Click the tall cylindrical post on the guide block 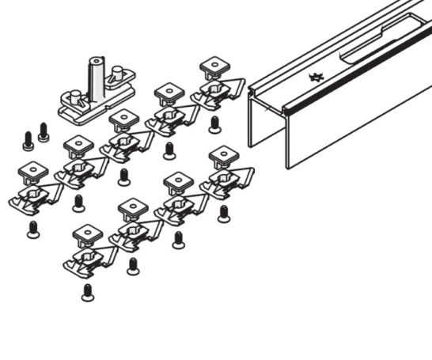(96, 75)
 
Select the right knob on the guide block (119, 78)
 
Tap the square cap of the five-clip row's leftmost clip (32, 171)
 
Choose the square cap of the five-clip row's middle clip (123, 119)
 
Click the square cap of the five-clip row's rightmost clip (214, 65)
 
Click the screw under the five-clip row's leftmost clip (32, 229)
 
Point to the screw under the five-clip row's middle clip (123, 176)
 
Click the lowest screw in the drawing (86, 292)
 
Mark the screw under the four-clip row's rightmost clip (223, 212)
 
